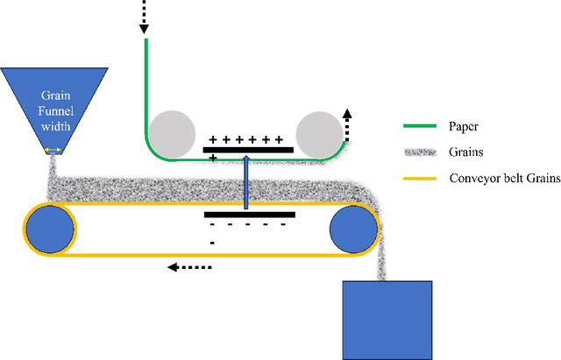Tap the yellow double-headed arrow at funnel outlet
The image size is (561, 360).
pyautogui.click(x=53, y=152)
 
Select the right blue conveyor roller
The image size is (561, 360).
pyautogui.click(x=352, y=229)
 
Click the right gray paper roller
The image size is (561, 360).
pyautogui.click(x=318, y=135)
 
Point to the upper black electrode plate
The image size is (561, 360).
pyautogui.click(x=248, y=151)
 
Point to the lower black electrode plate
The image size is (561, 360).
pyautogui.click(x=249, y=213)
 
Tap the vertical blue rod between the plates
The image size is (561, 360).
pyautogui.click(x=248, y=182)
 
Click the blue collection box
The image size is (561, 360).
pyautogui.click(x=387, y=318)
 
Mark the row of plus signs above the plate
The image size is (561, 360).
pyautogui.click(x=245, y=138)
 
